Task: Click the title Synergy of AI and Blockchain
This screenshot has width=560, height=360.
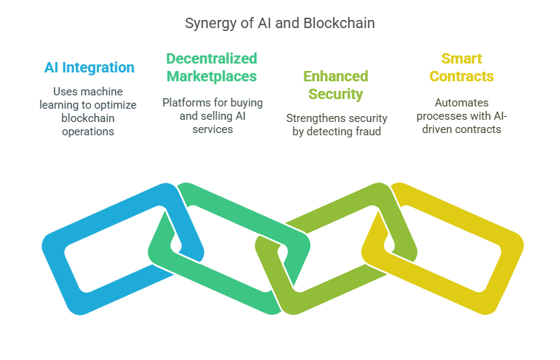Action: click(x=279, y=24)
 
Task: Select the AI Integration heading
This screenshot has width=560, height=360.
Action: click(x=89, y=68)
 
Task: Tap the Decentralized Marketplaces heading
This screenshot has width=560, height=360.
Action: click(x=211, y=67)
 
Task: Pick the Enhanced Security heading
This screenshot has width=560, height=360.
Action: click(x=335, y=85)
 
